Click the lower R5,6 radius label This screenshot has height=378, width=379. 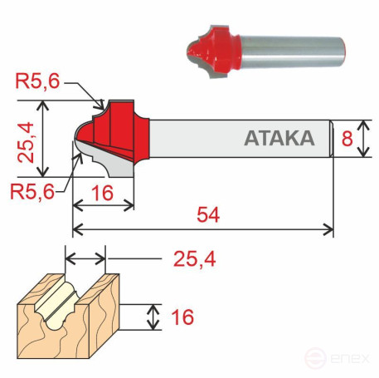pyautogui.click(x=32, y=190)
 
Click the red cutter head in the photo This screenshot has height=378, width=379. pyautogui.click(x=213, y=49)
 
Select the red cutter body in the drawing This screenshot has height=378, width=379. pyautogui.click(x=122, y=133)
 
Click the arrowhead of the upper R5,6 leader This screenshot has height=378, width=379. pyautogui.click(x=101, y=106)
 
